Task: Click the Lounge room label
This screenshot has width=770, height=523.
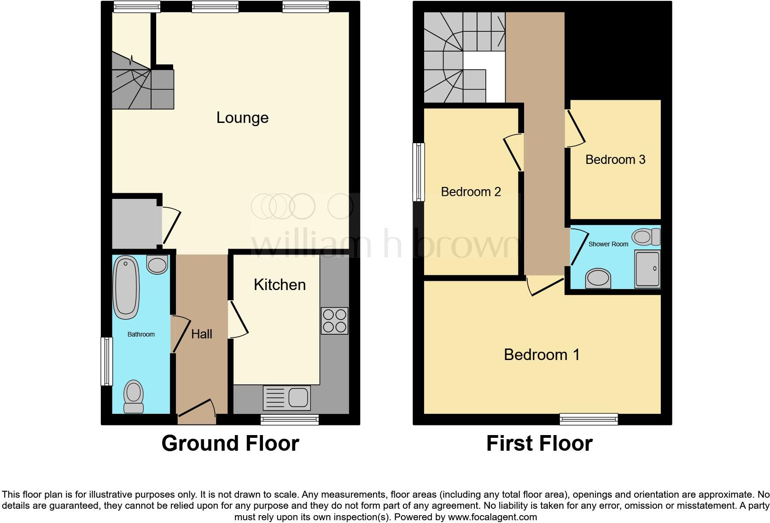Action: click(x=242, y=118)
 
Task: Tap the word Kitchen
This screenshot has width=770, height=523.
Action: click(x=280, y=285)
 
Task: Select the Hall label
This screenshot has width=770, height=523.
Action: click(x=202, y=334)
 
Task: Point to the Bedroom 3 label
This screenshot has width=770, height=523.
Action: click(x=615, y=160)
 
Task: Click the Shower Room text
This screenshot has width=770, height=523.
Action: click(x=608, y=244)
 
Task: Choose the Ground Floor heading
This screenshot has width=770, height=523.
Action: click(x=230, y=443)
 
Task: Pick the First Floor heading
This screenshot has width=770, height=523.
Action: click(x=539, y=443)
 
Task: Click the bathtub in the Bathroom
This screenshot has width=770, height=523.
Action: click(x=126, y=288)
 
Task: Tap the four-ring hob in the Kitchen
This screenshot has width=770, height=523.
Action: click(x=334, y=320)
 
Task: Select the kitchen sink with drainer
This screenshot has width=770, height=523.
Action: click(x=286, y=398)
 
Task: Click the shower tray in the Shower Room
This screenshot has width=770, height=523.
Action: click(x=647, y=269)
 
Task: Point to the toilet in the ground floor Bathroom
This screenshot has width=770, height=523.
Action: click(x=134, y=396)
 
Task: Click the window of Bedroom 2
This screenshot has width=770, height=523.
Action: click(x=419, y=172)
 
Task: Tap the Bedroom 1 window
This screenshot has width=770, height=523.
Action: click(x=589, y=419)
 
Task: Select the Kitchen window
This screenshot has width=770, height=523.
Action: click(x=289, y=419)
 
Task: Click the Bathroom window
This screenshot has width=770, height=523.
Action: click(x=107, y=361)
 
